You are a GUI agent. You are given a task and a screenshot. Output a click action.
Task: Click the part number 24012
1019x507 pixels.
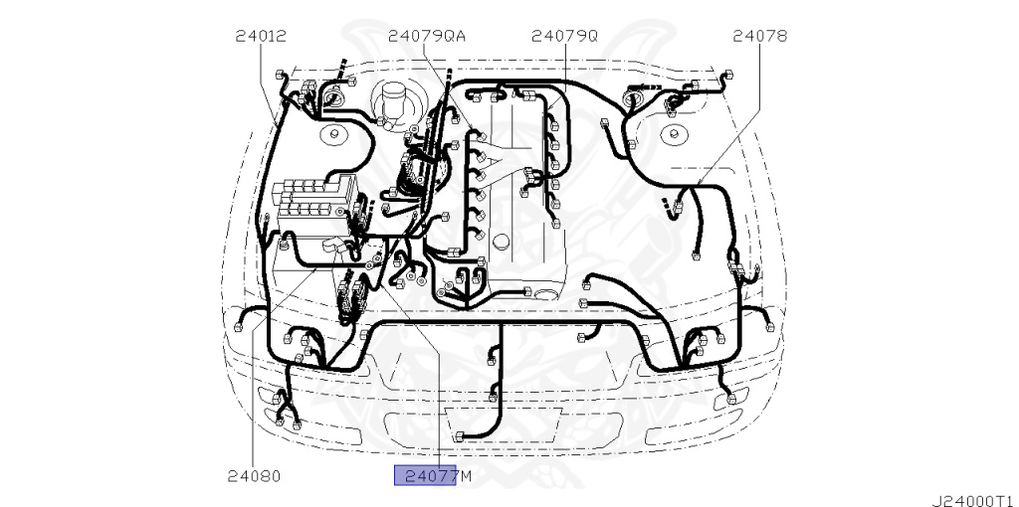(261, 36)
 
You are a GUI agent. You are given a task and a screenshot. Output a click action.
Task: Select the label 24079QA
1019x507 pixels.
(427, 36)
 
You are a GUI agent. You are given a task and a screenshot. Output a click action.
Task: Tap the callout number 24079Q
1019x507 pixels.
(564, 36)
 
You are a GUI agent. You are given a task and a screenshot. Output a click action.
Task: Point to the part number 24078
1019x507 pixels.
(759, 36)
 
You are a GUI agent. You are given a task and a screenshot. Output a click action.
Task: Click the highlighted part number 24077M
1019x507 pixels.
(426, 475)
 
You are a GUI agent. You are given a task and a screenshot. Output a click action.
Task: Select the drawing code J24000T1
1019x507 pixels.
(971, 493)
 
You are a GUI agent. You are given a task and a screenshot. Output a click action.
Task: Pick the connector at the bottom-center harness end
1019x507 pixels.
(458, 436)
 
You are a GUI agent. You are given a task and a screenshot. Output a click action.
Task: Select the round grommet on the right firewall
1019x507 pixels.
(633, 99)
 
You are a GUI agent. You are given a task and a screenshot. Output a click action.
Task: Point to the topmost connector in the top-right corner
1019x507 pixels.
(729, 76)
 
